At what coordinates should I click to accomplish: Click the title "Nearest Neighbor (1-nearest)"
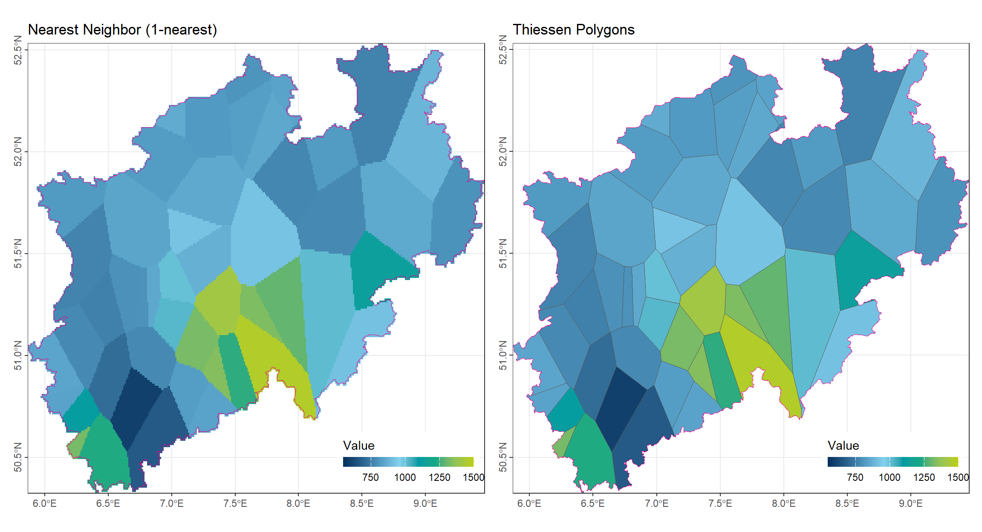point(122,30)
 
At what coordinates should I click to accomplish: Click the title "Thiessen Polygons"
point(573,30)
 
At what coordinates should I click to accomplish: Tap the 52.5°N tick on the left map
point(18,50)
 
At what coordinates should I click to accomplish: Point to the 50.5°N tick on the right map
point(503,457)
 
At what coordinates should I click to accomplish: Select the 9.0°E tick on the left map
point(425,503)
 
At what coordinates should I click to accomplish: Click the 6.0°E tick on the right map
point(529,503)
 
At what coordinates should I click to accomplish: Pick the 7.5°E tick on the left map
point(235,503)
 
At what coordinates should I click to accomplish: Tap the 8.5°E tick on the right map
point(847,503)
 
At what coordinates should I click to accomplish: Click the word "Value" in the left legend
point(358,445)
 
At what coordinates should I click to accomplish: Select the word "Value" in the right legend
point(843,445)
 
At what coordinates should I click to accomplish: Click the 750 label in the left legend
point(370,477)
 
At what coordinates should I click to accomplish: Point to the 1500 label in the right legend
point(958,477)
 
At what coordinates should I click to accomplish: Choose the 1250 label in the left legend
point(439,477)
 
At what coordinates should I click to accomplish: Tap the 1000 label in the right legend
point(890,477)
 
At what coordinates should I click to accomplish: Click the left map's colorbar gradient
point(408,462)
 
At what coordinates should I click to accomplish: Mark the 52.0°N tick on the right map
point(503,151)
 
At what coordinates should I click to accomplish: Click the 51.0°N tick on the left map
point(18,355)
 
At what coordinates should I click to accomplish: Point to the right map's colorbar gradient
point(892,462)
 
